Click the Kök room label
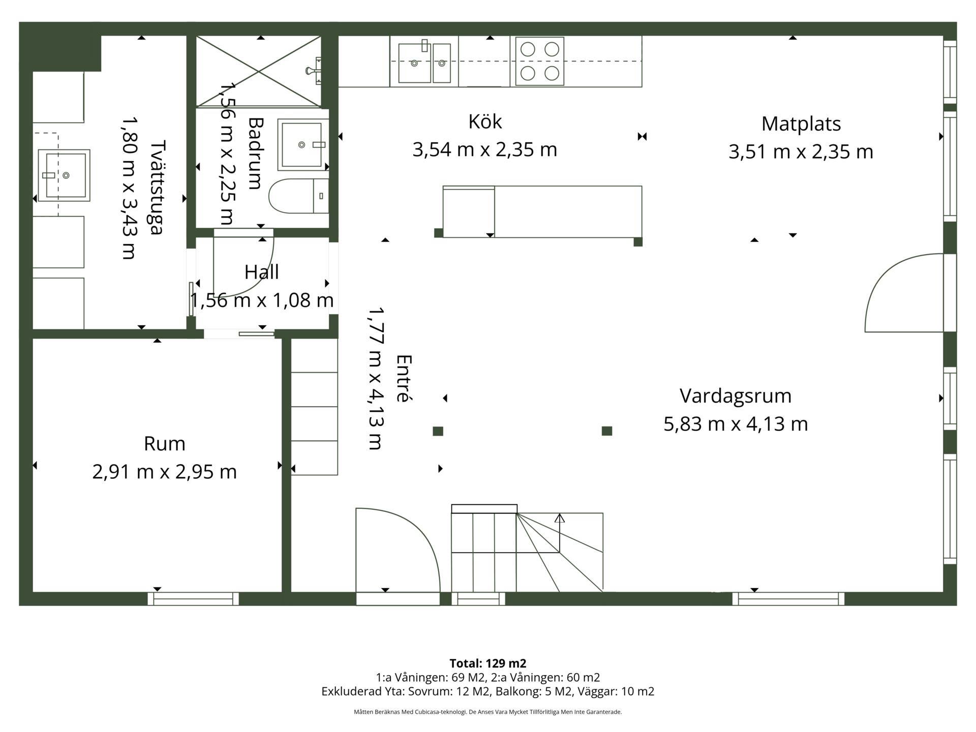click(x=485, y=122)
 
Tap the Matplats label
click(x=801, y=124)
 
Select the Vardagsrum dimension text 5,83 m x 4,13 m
click(x=736, y=423)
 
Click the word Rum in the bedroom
click(x=164, y=444)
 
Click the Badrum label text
click(x=255, y=154)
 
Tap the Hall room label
click(x=262, y=272)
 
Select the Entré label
click(x=403, y=378)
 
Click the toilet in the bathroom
click(x=299, y=196)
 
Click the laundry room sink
click(x=64, y=175)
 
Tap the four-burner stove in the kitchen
click(x=540, y=61)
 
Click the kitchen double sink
click(x=424, y=62)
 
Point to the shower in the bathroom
click(x=259, y=72)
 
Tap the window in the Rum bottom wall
click(x=193, y=599)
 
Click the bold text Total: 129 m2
click(x=488, y=663)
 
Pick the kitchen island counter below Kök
click(x=542, y=212)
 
